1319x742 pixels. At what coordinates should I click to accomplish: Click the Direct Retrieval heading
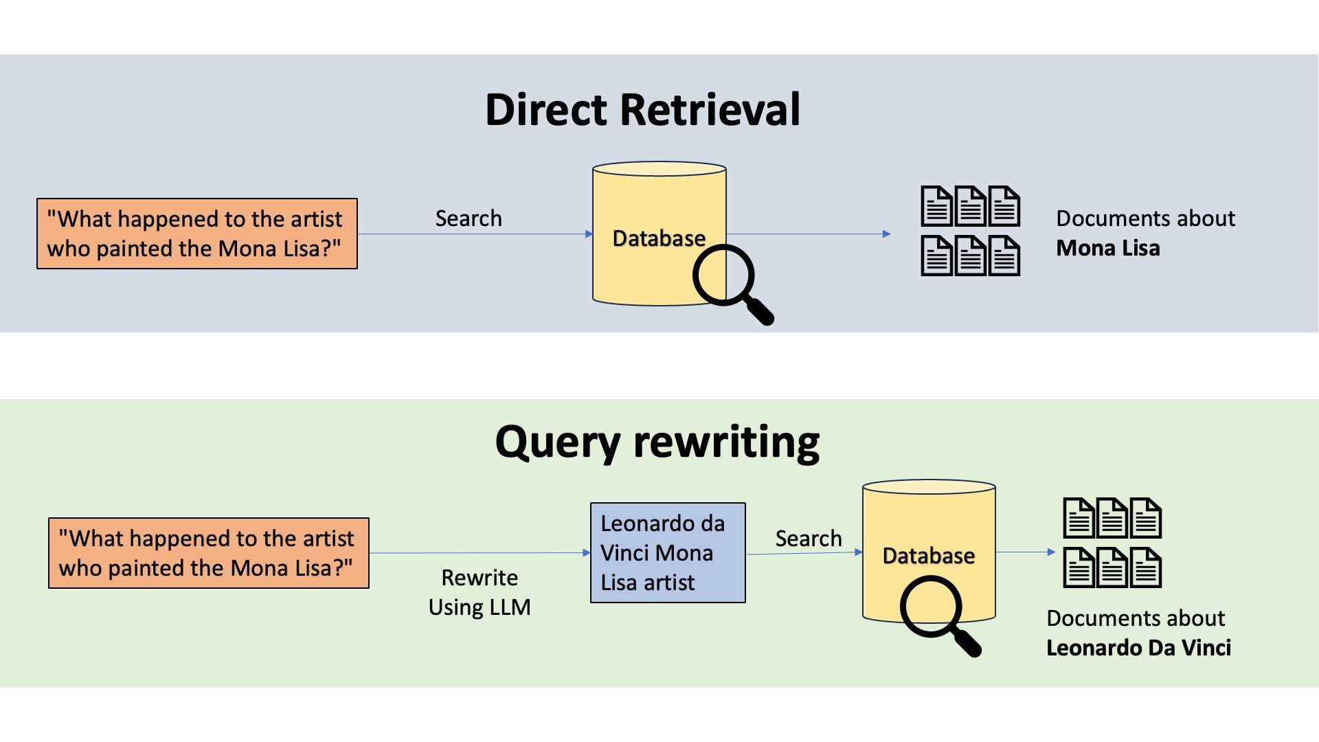[x=642, y=110]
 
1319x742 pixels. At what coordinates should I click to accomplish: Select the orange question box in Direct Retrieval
[x=196, y=234]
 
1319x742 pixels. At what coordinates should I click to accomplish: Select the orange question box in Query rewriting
[x=209, y=553]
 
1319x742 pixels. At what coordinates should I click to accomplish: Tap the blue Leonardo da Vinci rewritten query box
[x=668, y=553]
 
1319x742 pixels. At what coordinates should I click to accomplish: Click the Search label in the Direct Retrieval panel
[x=469, y=218]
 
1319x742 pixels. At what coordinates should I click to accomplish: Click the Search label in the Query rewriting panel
[x=809, y=539]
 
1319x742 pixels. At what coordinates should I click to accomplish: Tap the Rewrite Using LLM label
[x=480, y=592]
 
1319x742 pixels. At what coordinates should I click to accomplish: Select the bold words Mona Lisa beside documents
[x=1107, y=248]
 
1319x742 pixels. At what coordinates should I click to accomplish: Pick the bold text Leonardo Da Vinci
[x=1138, y=648]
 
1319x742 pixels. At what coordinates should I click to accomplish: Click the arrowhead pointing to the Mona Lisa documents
[x=886, y=234]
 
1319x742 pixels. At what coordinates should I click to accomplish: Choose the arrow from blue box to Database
[x=804, y=553]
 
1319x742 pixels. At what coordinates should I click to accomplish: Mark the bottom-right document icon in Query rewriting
[x=1146, y=567]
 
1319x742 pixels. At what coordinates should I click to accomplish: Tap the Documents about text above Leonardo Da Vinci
[x=1135, y=618]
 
